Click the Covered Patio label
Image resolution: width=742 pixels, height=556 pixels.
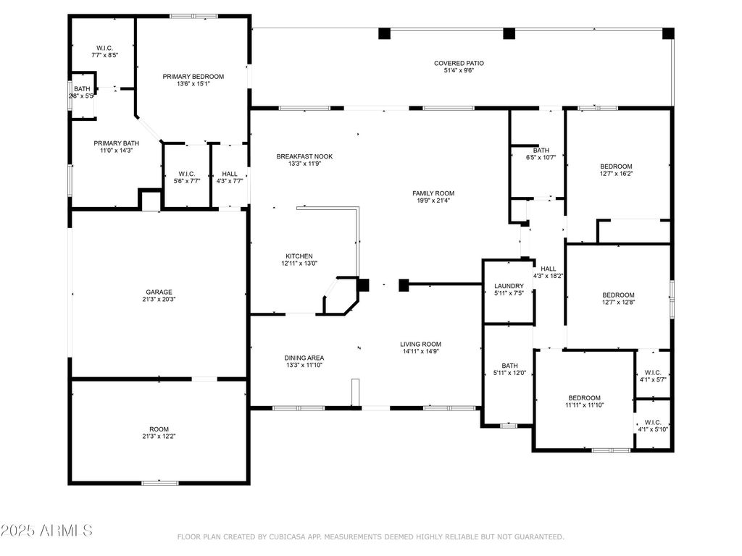[x=459, y=64]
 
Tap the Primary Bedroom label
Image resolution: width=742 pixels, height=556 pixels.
[x=193, y=77]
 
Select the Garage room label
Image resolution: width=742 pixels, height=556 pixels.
[x=159, y=292]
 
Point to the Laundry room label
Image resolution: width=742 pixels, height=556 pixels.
[x=509, y=286]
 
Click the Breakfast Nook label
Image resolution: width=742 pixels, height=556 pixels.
[x=305, y=156]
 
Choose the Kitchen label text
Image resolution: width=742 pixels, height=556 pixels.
[x=299, y=256]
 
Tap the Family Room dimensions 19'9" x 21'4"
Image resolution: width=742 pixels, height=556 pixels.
[x=433, y=201]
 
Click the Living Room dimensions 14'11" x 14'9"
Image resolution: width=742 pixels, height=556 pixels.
[x=421, y=351]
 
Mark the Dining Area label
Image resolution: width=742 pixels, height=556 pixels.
[x=304, y=358]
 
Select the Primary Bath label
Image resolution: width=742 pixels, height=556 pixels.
[x=117, y=143]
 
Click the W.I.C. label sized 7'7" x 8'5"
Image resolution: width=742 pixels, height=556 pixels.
[x=104, y=49]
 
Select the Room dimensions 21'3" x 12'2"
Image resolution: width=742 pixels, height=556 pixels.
[x=159, y=437]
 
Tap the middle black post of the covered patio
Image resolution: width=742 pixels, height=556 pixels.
[x=509, y=33]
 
